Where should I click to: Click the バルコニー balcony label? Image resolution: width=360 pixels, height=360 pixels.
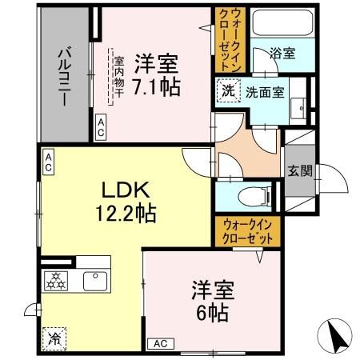coord(65,71)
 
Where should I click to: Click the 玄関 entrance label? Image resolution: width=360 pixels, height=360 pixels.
coord(299,170)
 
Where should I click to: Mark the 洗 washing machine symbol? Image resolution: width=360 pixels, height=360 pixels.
coord(228,91)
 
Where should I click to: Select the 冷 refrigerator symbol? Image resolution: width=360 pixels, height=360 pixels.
coord(55,338)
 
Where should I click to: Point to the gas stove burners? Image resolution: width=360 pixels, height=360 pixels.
coord(58,282)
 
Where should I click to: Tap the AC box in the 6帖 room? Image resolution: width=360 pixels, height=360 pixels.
coord(159,343)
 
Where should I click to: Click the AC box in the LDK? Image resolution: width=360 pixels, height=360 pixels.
coord(48,164)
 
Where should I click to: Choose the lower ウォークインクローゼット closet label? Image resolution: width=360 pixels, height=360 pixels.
coord(247,232)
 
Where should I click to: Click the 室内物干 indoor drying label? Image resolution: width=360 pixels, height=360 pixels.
coord(118,76)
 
